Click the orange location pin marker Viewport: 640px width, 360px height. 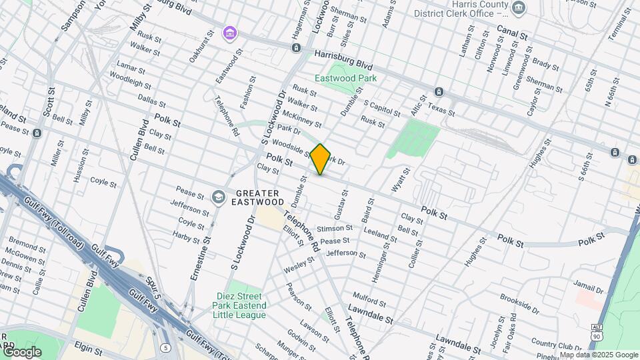click(x=321, y=159)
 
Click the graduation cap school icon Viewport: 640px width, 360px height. click(x=218, y=197)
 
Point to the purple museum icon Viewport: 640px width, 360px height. click(x=230, y=32)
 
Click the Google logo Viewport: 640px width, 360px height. click(x=21, y=351)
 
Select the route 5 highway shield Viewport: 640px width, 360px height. click(x=165, y=347)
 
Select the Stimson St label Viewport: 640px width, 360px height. click(x=334, y=229)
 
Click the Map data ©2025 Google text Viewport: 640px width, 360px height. click(x=598, y=355)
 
